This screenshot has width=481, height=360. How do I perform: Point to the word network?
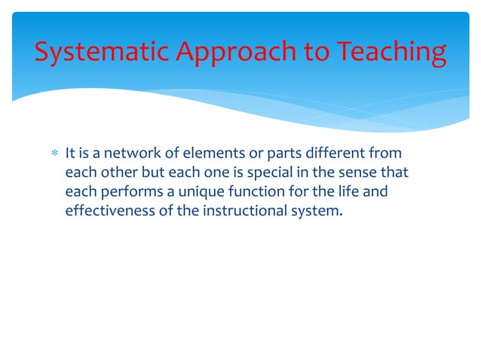click(x=133, y=154)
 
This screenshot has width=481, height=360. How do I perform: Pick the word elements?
click(x=207, y=154)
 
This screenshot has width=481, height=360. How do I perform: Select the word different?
click(x=329, y=154)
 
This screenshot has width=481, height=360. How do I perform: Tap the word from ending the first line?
click(x=383, y=154)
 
